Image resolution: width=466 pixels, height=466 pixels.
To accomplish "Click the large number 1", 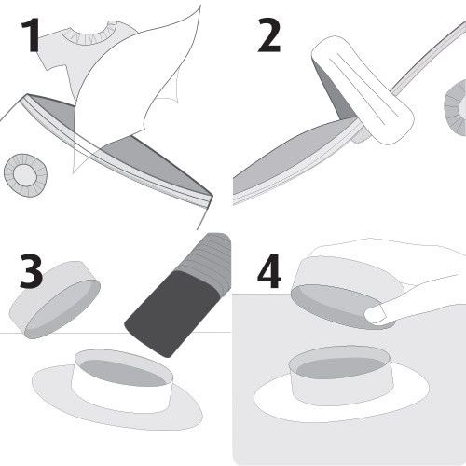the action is [x=31, y=34].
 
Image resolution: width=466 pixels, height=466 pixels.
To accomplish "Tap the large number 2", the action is [x=269, y=34].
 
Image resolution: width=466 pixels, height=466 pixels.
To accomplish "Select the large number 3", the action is [x=31, y=271].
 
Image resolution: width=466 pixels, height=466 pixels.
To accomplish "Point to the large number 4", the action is [x=269, y=271].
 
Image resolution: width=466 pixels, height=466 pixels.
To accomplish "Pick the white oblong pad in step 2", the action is [x=363, y=90].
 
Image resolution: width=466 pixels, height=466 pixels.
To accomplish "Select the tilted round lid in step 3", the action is [x=55, y=300].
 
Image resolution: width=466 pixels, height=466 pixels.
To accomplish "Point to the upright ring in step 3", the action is [x=122, y=381].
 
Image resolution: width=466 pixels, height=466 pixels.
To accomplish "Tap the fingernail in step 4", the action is [x=376, y=314].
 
